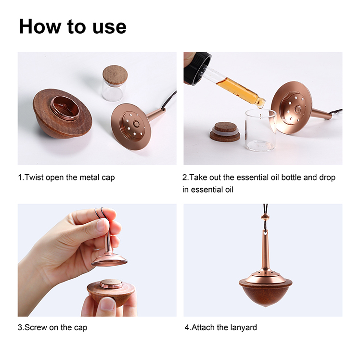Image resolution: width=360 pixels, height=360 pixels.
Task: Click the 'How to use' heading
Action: pyautogui.click(x=73, y=26)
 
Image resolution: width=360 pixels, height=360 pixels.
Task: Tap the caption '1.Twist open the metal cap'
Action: pyautogui.click(x=66, y=178)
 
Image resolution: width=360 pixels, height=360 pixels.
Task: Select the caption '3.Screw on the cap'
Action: pyautogui.click(x=52, y=327)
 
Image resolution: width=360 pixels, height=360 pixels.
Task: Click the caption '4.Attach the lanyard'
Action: pyautogui.click(x=221, y=327)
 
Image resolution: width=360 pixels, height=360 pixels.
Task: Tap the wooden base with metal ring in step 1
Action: pyautogui.click(x=63, y=114)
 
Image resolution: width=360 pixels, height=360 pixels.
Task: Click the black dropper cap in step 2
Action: pyautogui.click(x=197, y=68)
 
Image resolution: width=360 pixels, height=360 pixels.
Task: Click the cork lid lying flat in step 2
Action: pyautogui.click(x=225, y=132)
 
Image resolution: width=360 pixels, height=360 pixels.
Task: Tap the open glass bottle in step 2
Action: pyautogui.click(x=260, y=130)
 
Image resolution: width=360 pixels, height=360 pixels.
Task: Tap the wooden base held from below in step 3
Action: pyautogui.click(x=111, y=292)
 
